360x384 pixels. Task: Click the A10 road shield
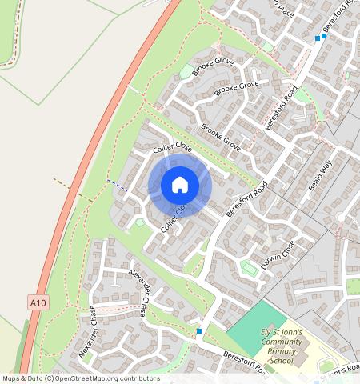(x=37, y=302)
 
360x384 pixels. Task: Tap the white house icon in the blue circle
(x=180, y=185)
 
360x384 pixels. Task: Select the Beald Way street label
(x=320, y=177)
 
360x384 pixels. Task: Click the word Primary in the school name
(x=281, y=351)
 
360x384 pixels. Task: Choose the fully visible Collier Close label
(x=173, y=149)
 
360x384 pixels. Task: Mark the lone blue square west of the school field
(x=198, y=331)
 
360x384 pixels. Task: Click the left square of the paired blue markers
(x=318, y=38)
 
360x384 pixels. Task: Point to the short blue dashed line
(x=117, y=185)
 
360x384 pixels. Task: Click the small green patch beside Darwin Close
(x=249, y=267)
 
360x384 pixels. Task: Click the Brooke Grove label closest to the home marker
(x=221, y=138)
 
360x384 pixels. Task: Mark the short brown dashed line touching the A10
(x=72, y=190)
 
